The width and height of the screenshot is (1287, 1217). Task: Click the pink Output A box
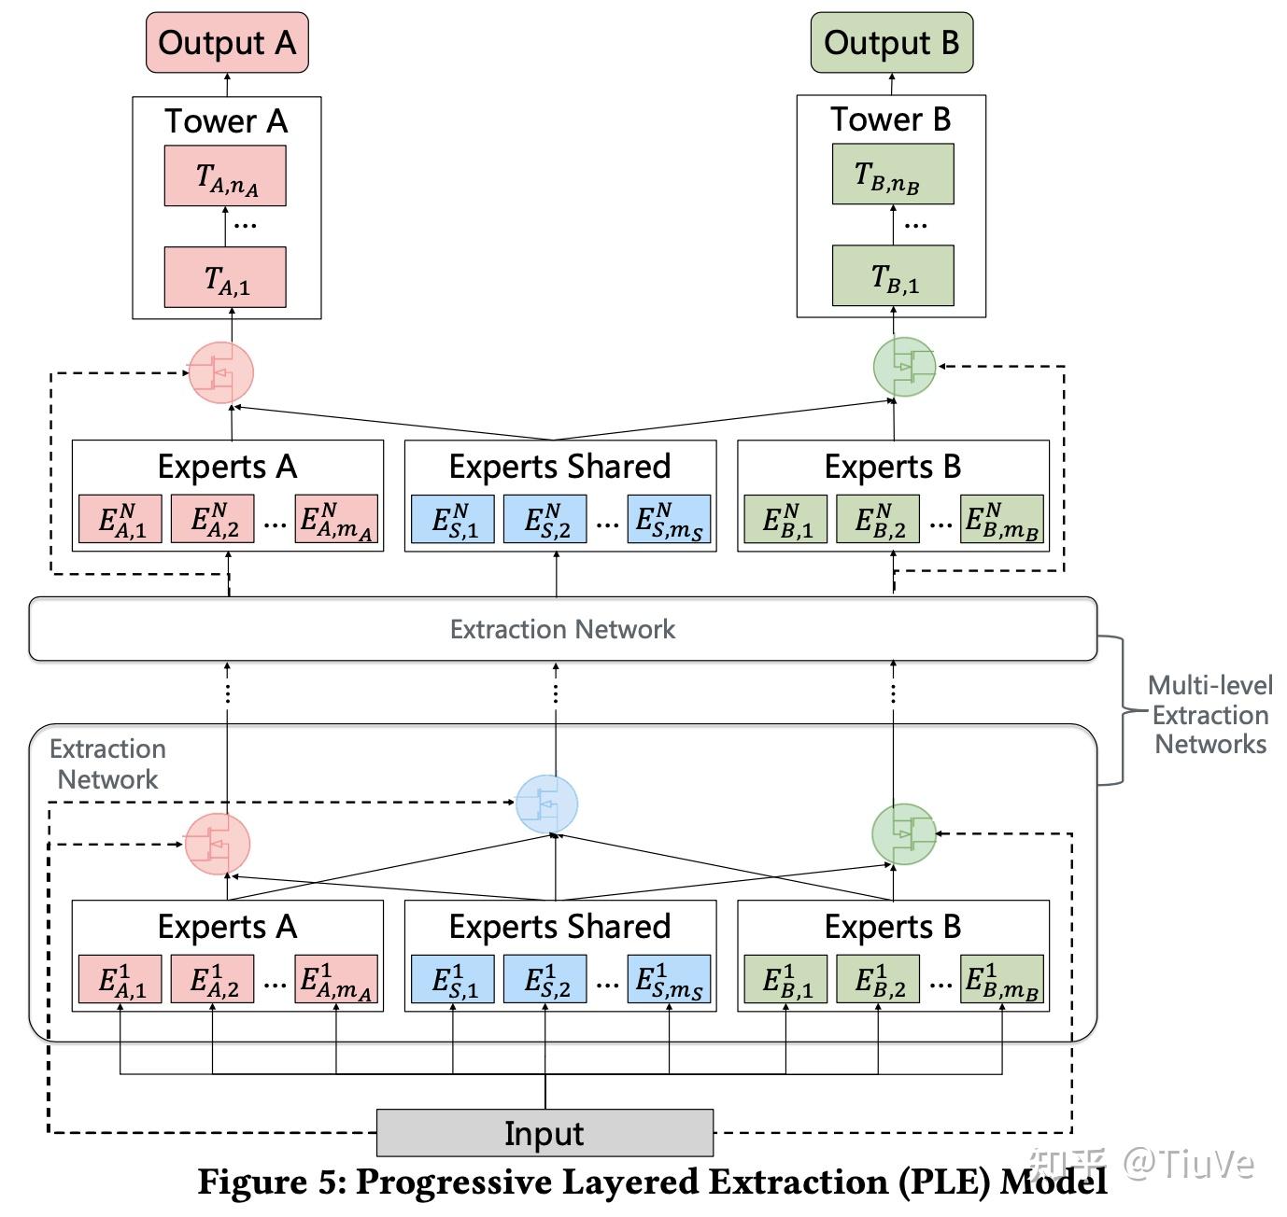pos(227,43)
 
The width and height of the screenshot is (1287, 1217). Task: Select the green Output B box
pos(891,43)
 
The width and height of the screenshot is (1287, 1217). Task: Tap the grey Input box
pos(544,1133)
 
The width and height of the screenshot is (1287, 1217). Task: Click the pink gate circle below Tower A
pos(221,372)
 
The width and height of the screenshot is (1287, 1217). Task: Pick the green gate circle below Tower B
pos(903,367)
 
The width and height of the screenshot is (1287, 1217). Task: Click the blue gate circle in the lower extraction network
pos(547,804)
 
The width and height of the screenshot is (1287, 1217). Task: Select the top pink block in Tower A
pos(225,175)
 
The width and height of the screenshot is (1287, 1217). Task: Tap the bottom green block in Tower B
pos(893,276)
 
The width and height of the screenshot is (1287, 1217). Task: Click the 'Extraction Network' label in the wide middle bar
pos(562,629)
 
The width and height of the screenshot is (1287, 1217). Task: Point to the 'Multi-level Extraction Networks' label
pos(1210,715)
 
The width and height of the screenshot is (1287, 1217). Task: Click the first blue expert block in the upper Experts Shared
pos(453,520)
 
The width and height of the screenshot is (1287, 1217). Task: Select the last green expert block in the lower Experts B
pos(1001,979)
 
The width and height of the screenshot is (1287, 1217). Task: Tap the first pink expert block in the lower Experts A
pos(120,979)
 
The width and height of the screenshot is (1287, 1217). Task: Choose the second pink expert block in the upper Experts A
pos(213,520)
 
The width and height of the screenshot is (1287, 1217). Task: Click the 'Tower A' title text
pos(226,121)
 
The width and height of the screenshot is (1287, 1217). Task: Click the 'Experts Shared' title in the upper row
pos(559,467)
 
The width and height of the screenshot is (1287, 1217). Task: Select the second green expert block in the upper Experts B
pos(878,520)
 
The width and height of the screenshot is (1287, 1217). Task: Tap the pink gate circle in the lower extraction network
pos(218,844)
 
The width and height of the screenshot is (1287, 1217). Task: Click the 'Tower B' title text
pos(890,119)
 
